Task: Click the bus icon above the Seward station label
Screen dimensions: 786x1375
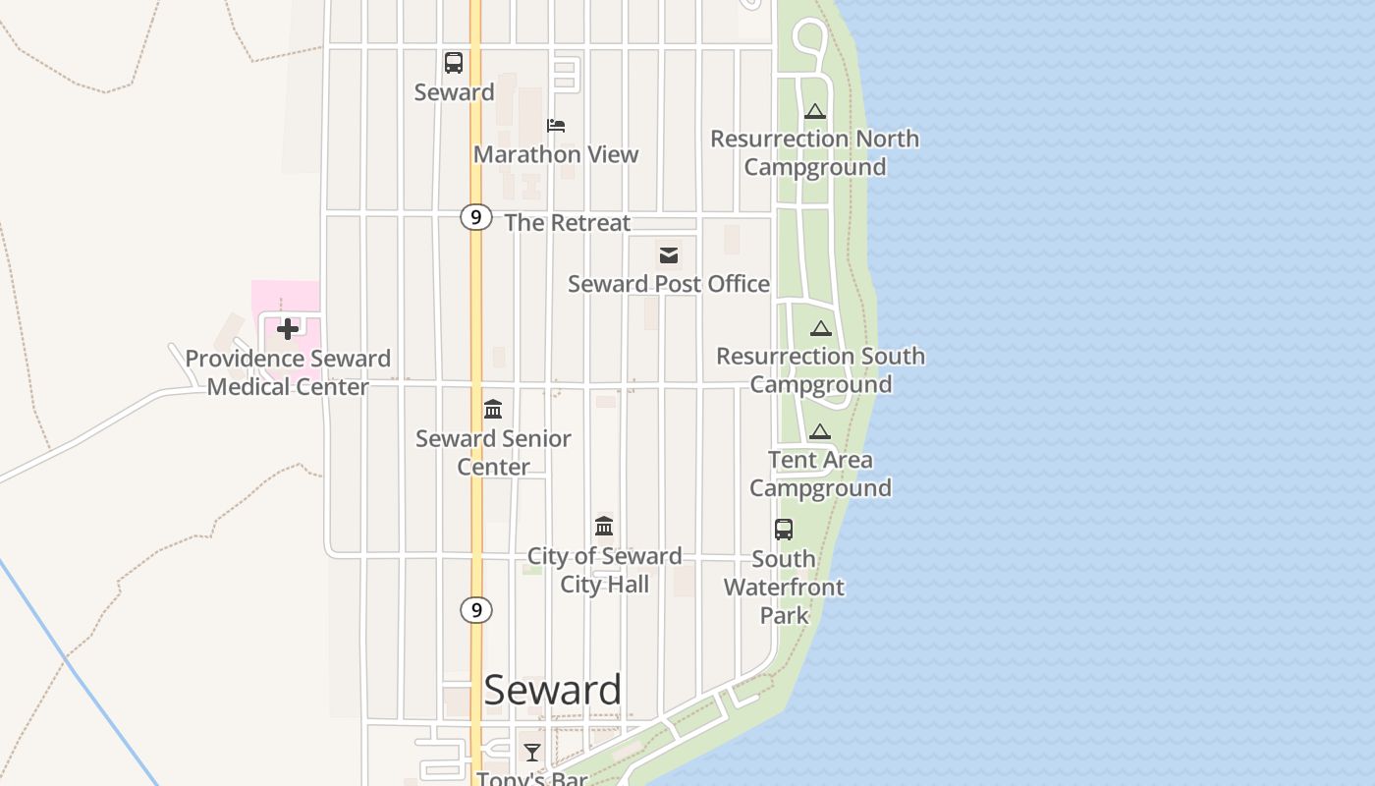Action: tap(453, 63)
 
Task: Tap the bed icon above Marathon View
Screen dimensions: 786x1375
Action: tap(556, 126)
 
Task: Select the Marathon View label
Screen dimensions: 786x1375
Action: tap(556, 154)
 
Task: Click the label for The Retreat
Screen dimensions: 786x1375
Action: tap(567, 223)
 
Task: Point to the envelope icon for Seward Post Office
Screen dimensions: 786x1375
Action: tap(669, 255)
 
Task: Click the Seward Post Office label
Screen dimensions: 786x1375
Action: tap(669, 284)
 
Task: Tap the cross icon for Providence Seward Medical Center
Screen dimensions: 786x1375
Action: tap(288, 328)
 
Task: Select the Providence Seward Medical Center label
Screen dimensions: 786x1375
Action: tap(288, 372)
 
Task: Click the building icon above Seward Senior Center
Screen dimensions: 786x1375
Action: tap(493, 409)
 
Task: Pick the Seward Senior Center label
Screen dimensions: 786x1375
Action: tap(493, 452)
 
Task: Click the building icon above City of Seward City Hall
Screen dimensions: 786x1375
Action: tap(604, 527)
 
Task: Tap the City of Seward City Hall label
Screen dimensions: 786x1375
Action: tap(604, 570)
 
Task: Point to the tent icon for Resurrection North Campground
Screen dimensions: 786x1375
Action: tap(814, 112)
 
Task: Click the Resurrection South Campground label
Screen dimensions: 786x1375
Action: tap(820, 369)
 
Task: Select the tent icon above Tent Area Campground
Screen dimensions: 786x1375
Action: tap(820, 431)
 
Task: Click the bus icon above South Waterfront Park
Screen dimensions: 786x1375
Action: tap(783, 530)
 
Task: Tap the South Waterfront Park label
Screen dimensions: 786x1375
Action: tap(784, 588)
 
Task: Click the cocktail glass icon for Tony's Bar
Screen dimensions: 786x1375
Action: tap(532, 753)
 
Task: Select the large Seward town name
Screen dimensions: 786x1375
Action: tap(552, 690)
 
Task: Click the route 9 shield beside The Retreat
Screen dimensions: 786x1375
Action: tap(475, 217)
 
